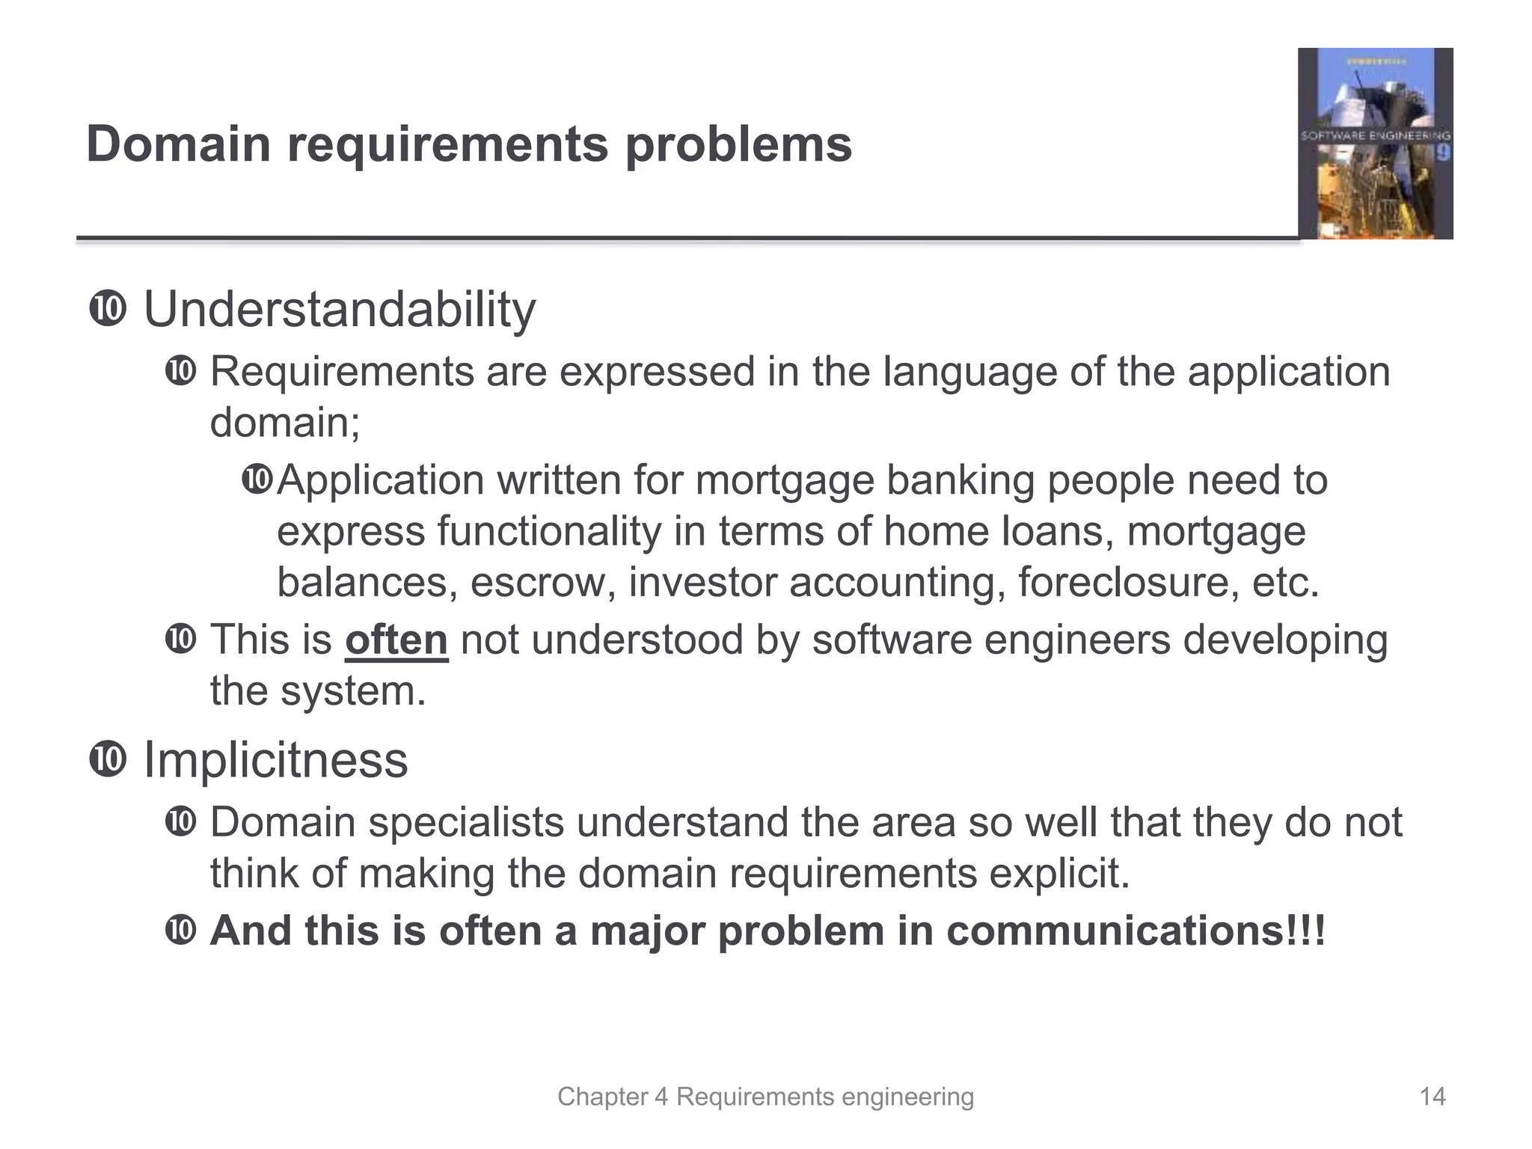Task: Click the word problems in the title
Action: (738, 145)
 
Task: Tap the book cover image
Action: (1375, 144)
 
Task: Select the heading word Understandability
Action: (340, 309)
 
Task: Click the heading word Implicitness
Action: (275, 760)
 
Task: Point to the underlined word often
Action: (396, 640)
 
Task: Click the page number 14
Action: (1433, 1097)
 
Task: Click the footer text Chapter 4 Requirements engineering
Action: (765, 1097)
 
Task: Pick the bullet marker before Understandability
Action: (108, 310)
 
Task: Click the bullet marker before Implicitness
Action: (108, 761)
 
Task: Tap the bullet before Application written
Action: (257, 479)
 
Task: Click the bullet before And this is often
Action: (180, 931)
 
